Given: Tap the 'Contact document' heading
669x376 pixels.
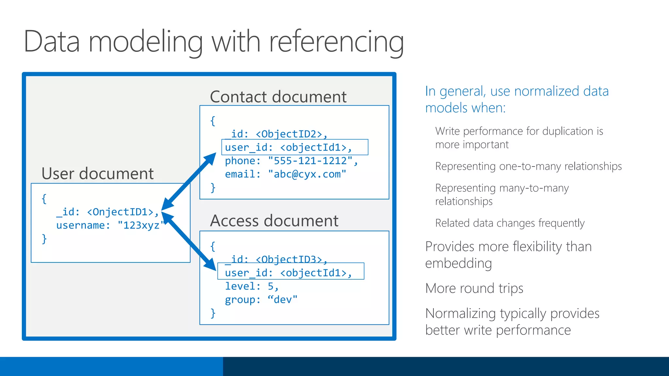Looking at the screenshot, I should point(278,97).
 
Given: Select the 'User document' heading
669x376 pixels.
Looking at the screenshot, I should point(97,174).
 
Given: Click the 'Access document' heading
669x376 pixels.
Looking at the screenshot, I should point(274,221).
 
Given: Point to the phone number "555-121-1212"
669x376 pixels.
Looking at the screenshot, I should point(310,161).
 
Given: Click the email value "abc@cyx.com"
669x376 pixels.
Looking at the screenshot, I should point(307,174).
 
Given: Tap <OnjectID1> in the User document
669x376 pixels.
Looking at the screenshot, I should point(120,212).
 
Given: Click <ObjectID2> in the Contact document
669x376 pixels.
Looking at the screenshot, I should point(289,134).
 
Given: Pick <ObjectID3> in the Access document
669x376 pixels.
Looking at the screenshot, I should point(289,259).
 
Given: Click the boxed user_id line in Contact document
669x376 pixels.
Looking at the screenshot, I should point(294,147).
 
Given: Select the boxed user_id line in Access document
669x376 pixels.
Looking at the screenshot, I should point(290,273).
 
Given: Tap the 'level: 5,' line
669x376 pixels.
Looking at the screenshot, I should point(252,286).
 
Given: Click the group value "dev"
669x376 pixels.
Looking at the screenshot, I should point(283,300).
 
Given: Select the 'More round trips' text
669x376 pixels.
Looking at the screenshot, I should point(474,289).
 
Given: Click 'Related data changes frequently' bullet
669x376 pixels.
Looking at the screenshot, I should point(510,223).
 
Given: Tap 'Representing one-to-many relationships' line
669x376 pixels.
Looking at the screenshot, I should point(528,166).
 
